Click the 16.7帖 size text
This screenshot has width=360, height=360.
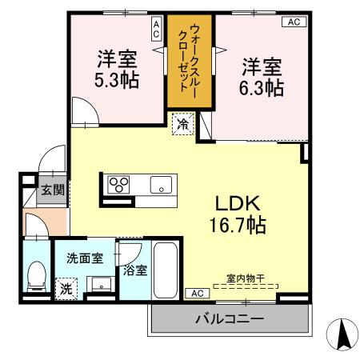click(x=238, y=224)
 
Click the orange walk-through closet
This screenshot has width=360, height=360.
click(x=190, y=60)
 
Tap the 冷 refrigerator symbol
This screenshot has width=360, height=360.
click(x=183, y=124)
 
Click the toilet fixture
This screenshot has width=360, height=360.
click(x=36, y=276)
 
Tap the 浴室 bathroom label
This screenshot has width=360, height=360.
click(x=135, y=270)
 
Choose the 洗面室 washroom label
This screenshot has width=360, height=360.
click(x=84, y=258)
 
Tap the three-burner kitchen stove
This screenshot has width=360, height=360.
click(x=118, y=184)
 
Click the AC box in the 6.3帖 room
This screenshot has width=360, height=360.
click(x=292, y=22)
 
